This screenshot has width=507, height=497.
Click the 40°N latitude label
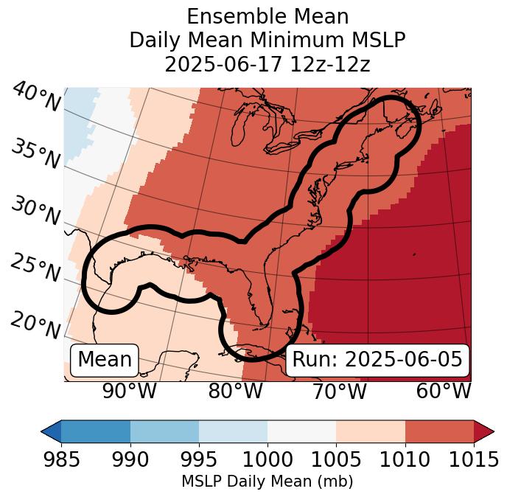coord(36,97)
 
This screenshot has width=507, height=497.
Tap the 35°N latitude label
coord(35,153)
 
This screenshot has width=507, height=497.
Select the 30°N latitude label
coord(35,211)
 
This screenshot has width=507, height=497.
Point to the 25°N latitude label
coord(35,268)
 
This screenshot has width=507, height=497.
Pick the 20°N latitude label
coord(35,324)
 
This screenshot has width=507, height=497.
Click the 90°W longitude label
coord(129,391)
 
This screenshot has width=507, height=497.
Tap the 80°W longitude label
coord(236,391)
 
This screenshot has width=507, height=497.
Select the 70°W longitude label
coord(340,391)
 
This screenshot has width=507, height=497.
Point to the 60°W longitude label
coord(444,391)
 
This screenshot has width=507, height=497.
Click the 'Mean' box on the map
coord(105,360)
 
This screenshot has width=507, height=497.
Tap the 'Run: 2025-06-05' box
coord(377,360)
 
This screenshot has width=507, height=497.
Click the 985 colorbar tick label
coord(61,460)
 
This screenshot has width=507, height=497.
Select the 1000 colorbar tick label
coord(268,460)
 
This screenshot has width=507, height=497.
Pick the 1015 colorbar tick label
coord(474,460)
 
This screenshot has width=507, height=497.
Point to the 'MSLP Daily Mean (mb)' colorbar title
coord(267,482)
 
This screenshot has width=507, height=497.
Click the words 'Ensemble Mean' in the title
coord(268,16)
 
